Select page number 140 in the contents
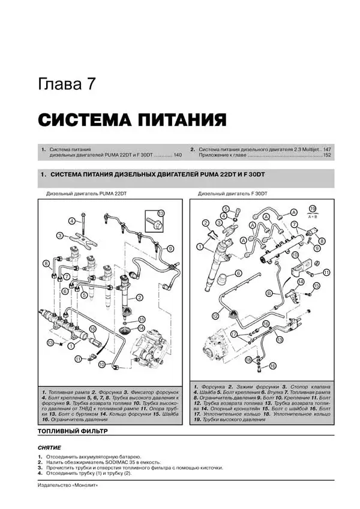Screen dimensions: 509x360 point(177,155)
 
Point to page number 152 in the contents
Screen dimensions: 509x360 point(327,155)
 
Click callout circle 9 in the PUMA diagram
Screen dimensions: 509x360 point(170,249)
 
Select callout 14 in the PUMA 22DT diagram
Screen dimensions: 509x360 point(142,329)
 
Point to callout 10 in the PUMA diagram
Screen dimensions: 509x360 point(102,365)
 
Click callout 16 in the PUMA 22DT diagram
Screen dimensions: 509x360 point(93,329)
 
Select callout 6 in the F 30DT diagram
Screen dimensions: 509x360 point(238,273)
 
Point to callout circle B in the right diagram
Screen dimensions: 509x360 point(269,293)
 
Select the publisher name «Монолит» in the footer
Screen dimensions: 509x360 point(83,484)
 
